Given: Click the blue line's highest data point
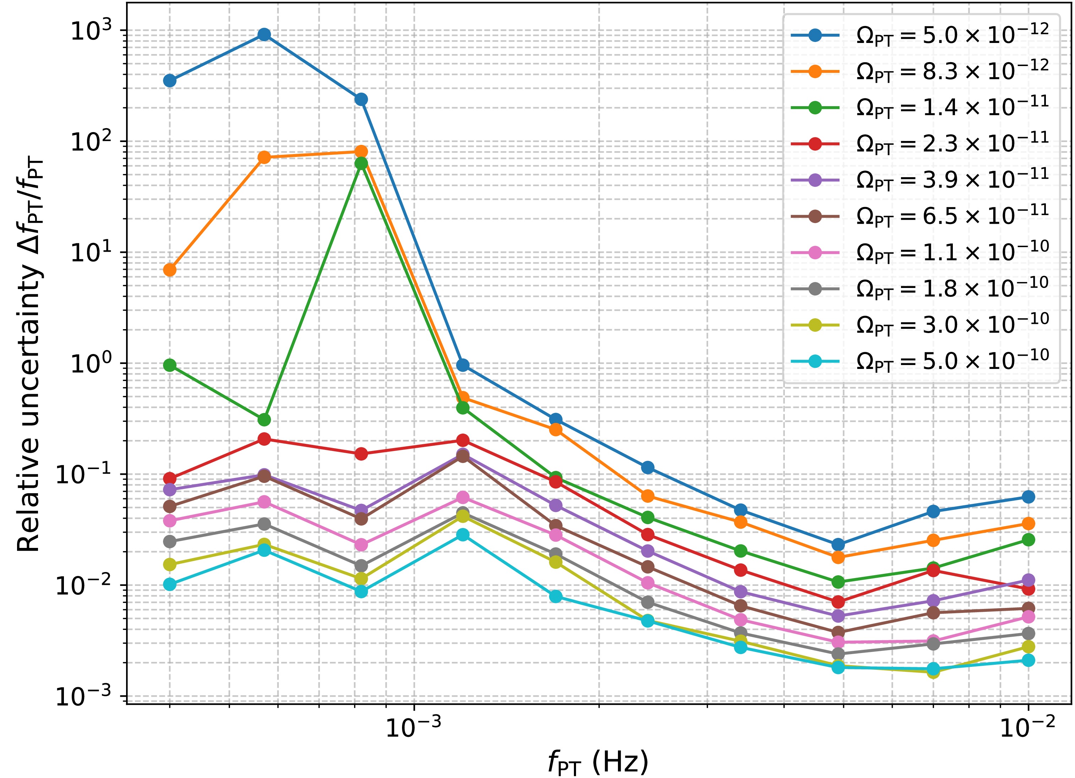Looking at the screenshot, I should tap(265, 34).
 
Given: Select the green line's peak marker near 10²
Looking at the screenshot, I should tap(361, 163).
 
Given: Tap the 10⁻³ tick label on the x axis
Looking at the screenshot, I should tap(414, 728).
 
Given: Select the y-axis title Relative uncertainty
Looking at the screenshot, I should tap(29, 355).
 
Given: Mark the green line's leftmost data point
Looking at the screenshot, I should tap(170, 365).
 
